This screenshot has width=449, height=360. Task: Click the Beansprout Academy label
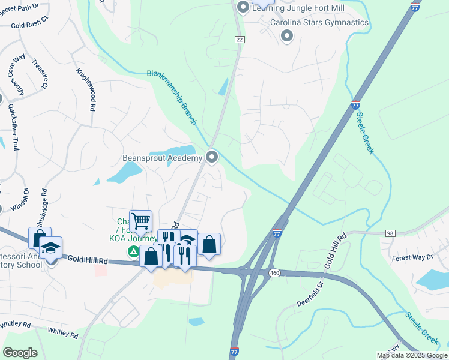click(163, 158)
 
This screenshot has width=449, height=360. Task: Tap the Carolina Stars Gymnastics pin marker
click(287, 36)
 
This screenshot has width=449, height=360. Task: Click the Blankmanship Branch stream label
click(173, 98)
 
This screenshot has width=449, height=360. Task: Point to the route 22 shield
click(240, 38)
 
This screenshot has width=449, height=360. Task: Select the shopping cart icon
click(140, 221)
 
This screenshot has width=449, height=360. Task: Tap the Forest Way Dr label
click(412, 257)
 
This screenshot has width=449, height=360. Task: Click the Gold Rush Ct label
click(29, 26)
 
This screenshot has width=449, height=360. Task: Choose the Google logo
click(20, 353)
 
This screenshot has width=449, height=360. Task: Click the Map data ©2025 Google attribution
click(411, 355)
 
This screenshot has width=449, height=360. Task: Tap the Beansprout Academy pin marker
click(211, 157)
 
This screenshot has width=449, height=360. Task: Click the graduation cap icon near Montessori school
click(51, 248)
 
